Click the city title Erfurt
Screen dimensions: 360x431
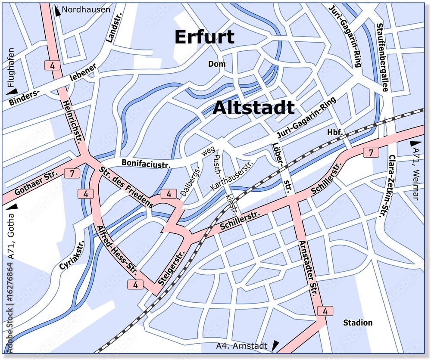204,37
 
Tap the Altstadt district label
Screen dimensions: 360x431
254,108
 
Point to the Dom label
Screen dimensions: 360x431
217,64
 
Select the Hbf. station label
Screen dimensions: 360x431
335,132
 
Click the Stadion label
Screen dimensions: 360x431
357,323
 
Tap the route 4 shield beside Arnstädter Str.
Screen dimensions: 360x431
325,310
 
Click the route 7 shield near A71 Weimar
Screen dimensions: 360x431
371,152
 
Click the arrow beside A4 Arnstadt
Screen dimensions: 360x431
275,345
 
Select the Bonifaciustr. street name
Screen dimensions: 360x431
146,163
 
